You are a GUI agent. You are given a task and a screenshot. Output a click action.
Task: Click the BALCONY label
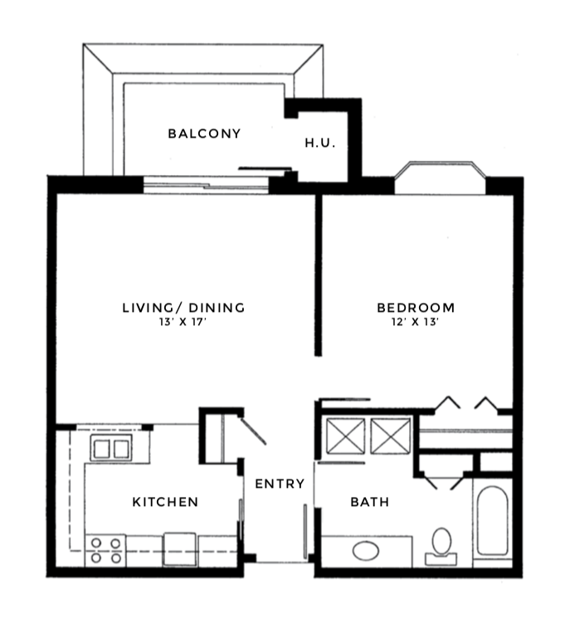[x=204, y=134]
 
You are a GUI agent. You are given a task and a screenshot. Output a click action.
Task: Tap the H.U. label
[x=320, y=143]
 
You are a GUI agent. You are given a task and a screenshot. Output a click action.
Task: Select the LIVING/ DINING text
[x=183, y=308]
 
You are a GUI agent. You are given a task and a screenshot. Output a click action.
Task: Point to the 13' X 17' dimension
[x=183, y=322]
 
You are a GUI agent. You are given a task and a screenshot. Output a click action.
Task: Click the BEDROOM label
[x=416, y=308]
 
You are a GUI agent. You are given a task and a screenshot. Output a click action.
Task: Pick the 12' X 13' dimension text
[x=415, y=322]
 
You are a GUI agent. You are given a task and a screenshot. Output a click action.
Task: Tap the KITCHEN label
[x=165, y=502]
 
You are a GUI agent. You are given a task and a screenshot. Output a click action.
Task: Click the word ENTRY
[x=280, y=483]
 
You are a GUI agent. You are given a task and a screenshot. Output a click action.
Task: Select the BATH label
[x=369, y=502]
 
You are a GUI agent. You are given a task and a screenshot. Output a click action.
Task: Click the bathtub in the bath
[x=492, y=521]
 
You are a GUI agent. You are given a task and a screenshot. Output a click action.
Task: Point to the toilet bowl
[x=441, y=541]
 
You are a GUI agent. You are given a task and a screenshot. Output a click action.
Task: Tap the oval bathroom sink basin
[x=366, y=551]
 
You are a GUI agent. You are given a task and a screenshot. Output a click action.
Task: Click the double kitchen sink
[x=110, y=448]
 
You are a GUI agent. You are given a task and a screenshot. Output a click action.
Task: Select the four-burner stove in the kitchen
[x=105, y=551]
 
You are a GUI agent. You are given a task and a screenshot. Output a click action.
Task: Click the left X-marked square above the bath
[x=345, y=436]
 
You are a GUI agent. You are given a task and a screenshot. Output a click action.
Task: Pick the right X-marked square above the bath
[x=390, y=436]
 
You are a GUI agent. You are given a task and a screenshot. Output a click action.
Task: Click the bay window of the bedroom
[x=440, y=178]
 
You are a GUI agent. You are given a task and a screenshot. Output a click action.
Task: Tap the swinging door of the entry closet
[x=253, y=431]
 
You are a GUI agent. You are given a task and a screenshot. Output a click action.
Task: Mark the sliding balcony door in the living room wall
[x=206, y=185]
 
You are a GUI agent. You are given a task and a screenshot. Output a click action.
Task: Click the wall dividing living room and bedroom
[x=319, y=275]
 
